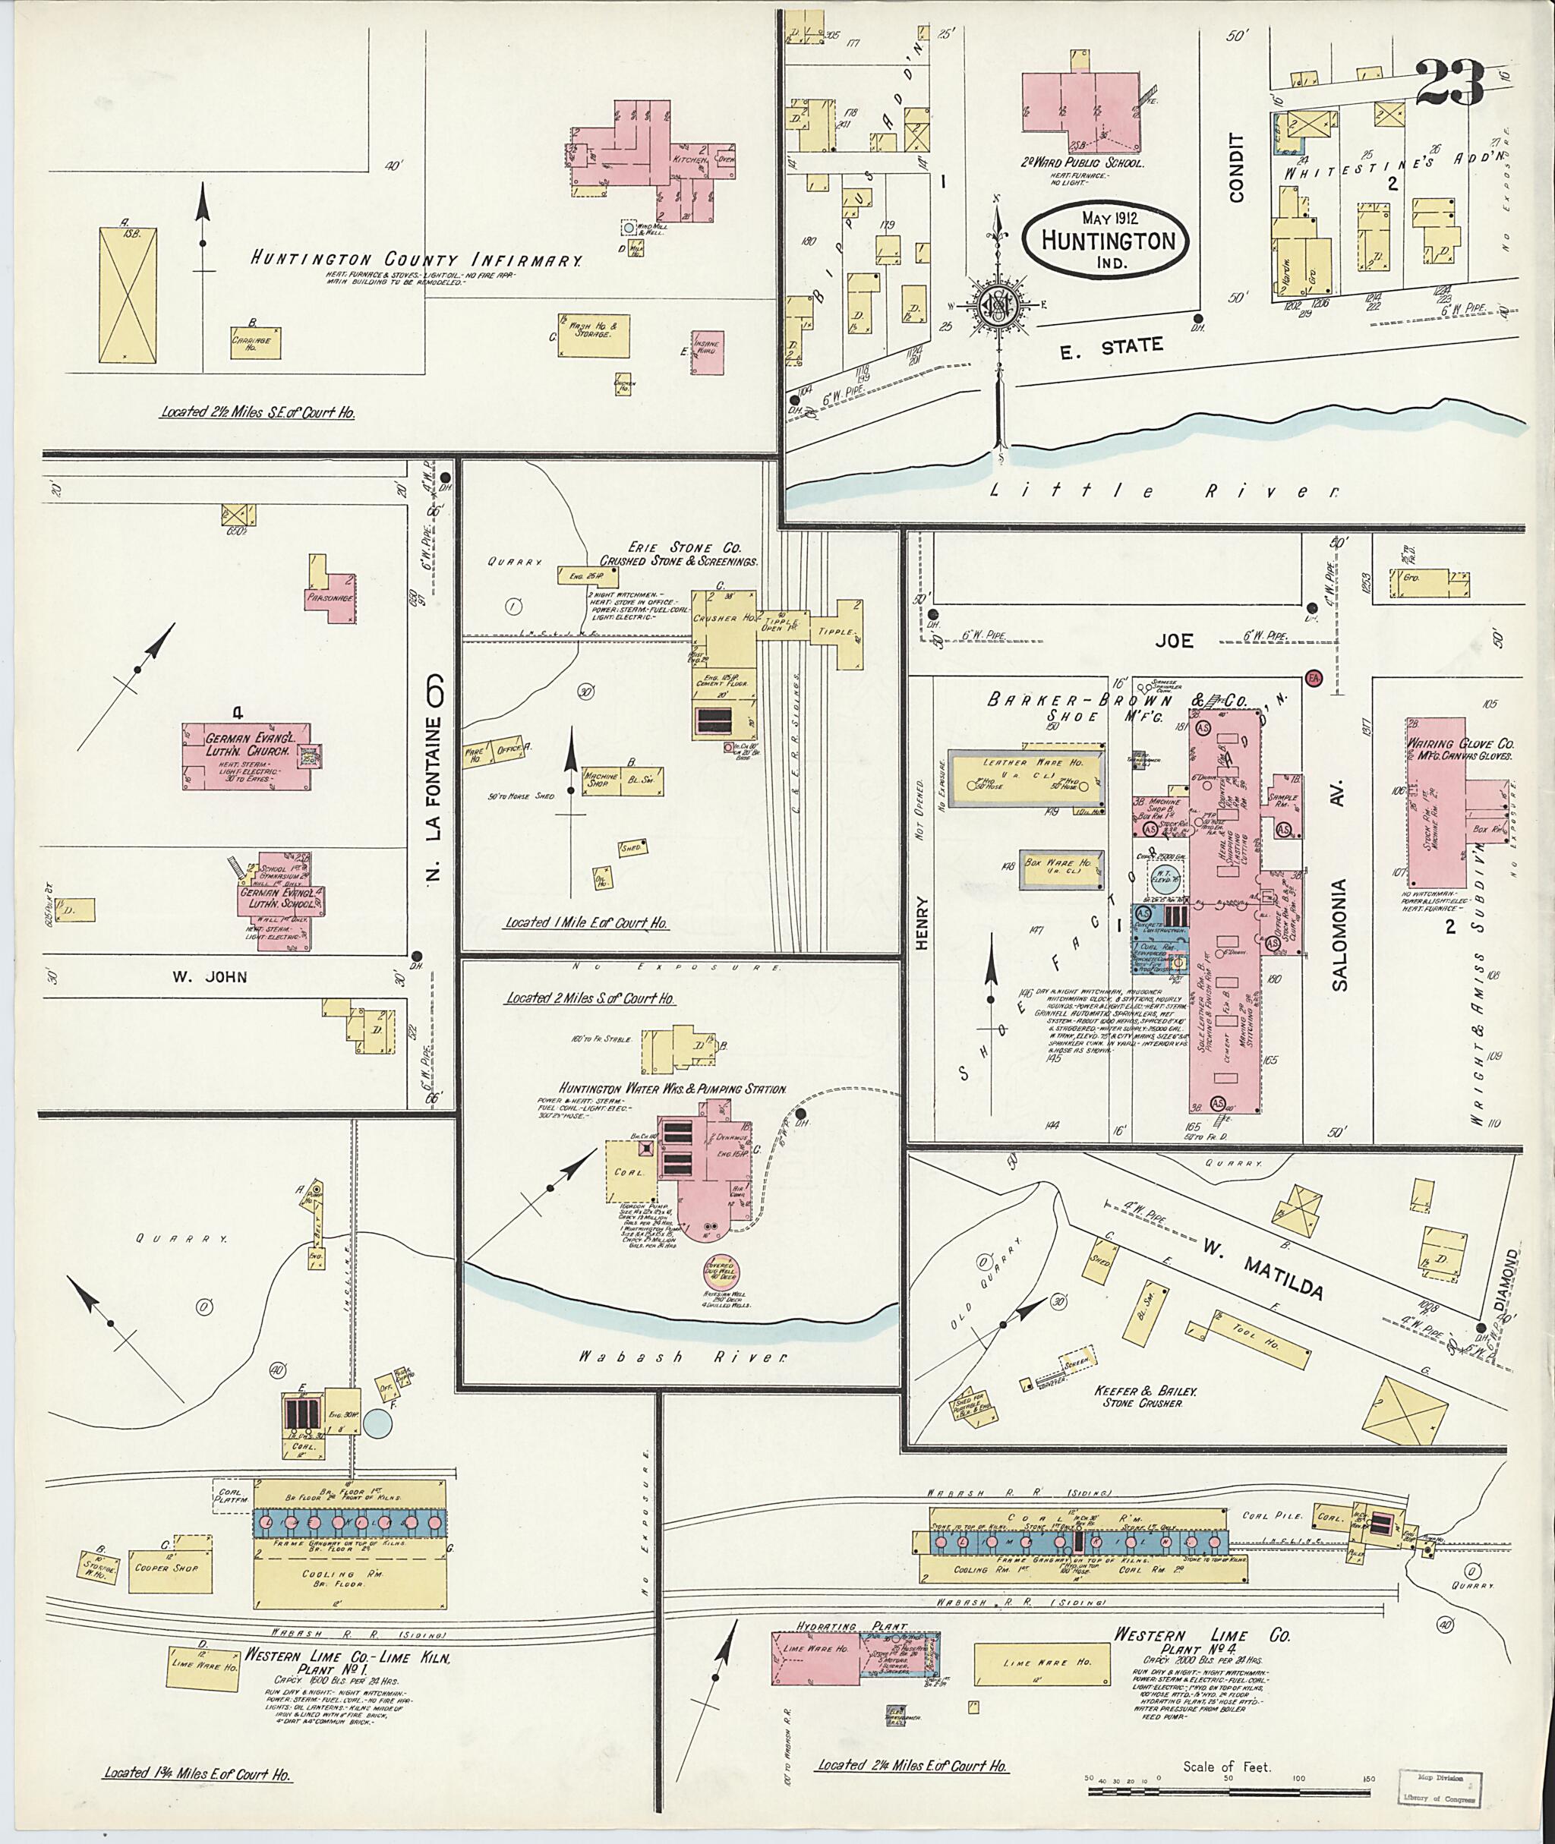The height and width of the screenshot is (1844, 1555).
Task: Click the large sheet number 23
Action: coord(1450,84)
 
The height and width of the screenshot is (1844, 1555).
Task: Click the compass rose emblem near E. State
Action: coord(998,304)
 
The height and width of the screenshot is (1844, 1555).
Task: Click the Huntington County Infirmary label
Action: coord(416,260)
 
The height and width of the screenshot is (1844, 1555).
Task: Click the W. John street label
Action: coord(210,976)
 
